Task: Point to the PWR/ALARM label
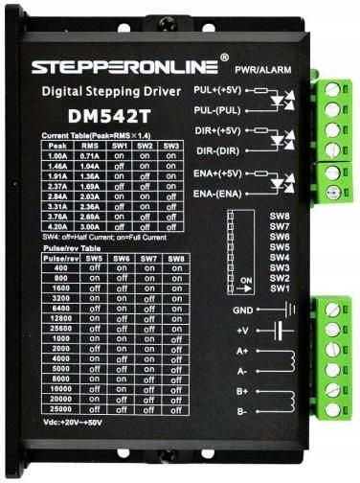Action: pyautogui.click(x=259, y=70)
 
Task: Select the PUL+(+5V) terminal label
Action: pyautogui.click(x=215, y=90)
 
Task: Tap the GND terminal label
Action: pyautogui.click(x=243, y=310)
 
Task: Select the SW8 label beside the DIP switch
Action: pyautogui.click(x=280, y=218)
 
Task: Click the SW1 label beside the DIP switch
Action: pyautogui.click(x=280, y=288)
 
